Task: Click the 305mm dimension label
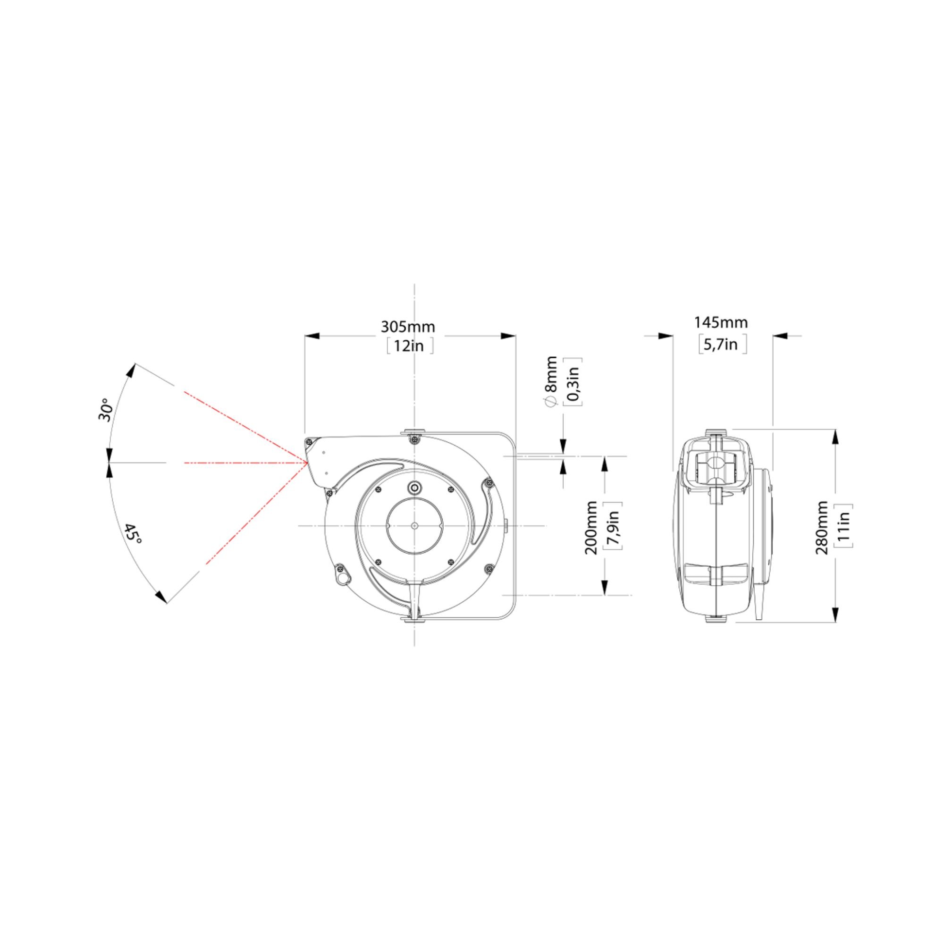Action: pyautogui.click(x=407, y=327)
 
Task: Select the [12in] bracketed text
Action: pyautogui.click(x=409, y=346)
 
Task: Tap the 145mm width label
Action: pyautogui.click(x=721, y=322)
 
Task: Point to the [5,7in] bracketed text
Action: pyautogui.click(x=723, y=344)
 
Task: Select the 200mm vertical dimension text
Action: pyautogui.click(x=592, y=527)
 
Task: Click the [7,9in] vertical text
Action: pyautogui.click(x=613, y=527)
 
